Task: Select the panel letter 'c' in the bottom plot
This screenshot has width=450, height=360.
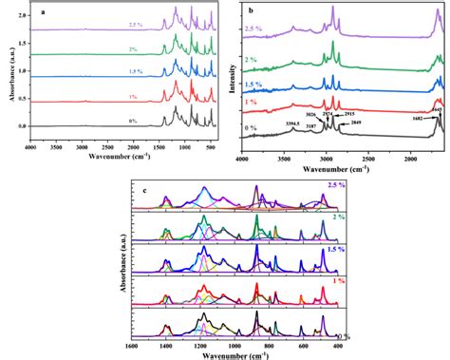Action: click(142, 181)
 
